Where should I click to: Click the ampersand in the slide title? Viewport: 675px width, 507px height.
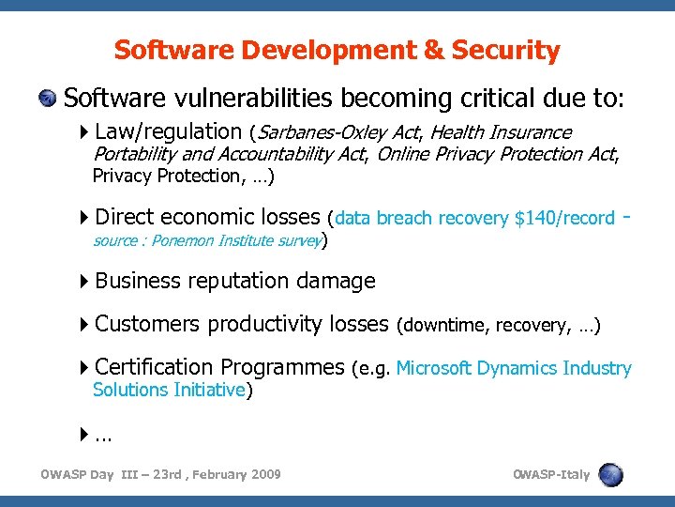[x=431, y=50]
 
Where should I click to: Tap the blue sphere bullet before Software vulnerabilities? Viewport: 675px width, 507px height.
[x=49, y=99]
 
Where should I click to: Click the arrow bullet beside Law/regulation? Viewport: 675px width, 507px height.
[x=86, y=132]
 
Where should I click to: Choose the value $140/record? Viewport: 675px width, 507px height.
[x=564, y=218]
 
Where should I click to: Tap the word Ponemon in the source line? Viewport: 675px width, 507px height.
[x=182, y=240]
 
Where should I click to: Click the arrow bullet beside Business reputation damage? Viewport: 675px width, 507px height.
[x=86, y=281]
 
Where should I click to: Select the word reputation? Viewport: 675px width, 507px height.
[x=240, y=281]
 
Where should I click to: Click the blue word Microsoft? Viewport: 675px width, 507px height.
[x=434, y=368]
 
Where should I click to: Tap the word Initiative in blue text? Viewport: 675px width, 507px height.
[x=209, y=390]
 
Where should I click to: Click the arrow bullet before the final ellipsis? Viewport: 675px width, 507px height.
[x=86, y=435]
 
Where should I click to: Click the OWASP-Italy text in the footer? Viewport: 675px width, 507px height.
[x=551, y=474]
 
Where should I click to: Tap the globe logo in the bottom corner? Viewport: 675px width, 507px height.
[x=610, y=474]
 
